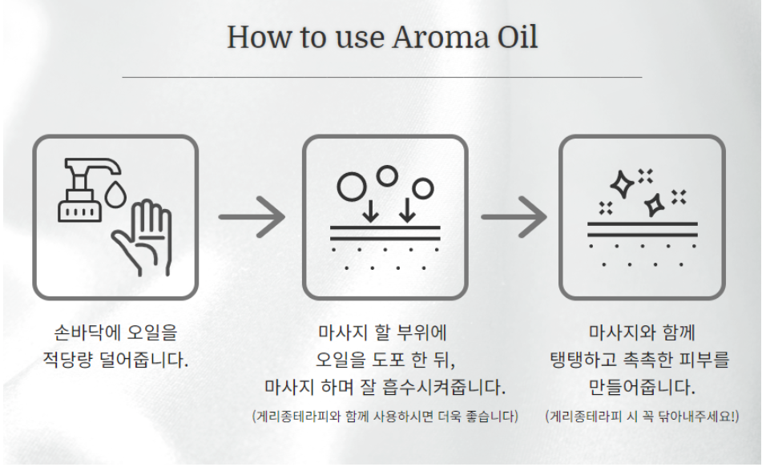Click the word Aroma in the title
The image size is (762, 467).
[x=440, y=38]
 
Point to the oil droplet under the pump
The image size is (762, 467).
[x=115, y=195]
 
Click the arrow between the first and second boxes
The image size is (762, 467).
[x=252, y=217]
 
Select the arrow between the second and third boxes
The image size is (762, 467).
[x=514, y=217]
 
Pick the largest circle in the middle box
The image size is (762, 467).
[x=352, y=187]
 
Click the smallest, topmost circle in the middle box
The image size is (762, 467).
[x=387, y=176]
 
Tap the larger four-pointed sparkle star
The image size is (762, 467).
[x=622, y=184]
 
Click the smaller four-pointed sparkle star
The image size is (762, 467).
[x=655, y=204]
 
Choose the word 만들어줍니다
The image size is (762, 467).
[x=642, y=388]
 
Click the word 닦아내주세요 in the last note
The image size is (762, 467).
[x=696, y=417]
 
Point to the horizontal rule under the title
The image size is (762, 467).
[x=382, y=77]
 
